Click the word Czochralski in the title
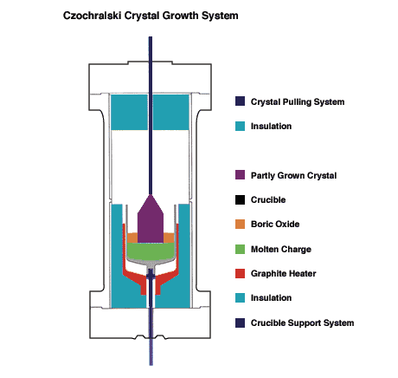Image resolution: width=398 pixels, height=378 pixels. coord(93,16)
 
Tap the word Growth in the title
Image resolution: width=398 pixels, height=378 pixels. coord(181,16)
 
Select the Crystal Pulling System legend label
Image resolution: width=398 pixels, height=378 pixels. coord(298,102)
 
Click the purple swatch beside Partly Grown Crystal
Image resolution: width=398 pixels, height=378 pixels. coord(240,175)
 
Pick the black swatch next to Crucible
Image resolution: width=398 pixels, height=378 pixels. coord(240,199)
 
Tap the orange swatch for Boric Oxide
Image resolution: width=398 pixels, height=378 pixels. coord(240,224)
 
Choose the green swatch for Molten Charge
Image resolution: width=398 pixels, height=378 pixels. coord(240,249)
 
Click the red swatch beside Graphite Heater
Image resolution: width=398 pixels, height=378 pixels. coord(240,273)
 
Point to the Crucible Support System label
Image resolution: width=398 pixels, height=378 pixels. coord(302,323)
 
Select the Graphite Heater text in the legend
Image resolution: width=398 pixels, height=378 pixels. coord(283,273)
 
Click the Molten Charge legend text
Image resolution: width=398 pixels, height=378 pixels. coord(281,249)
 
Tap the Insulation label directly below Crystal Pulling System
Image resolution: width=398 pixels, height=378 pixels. coord(271,126)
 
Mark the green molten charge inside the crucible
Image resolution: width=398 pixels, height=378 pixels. coord(151,251)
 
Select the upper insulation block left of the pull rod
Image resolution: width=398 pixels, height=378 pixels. coord(129,112)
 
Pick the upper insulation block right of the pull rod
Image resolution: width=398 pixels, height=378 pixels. coord(171,112)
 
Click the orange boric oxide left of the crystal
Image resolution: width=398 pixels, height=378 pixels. coord(132,238)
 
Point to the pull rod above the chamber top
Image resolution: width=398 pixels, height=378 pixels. coord(151,49)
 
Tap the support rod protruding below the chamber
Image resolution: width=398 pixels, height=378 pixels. coord(151,352)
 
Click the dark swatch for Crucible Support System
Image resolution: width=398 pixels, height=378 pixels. coord(240,323)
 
